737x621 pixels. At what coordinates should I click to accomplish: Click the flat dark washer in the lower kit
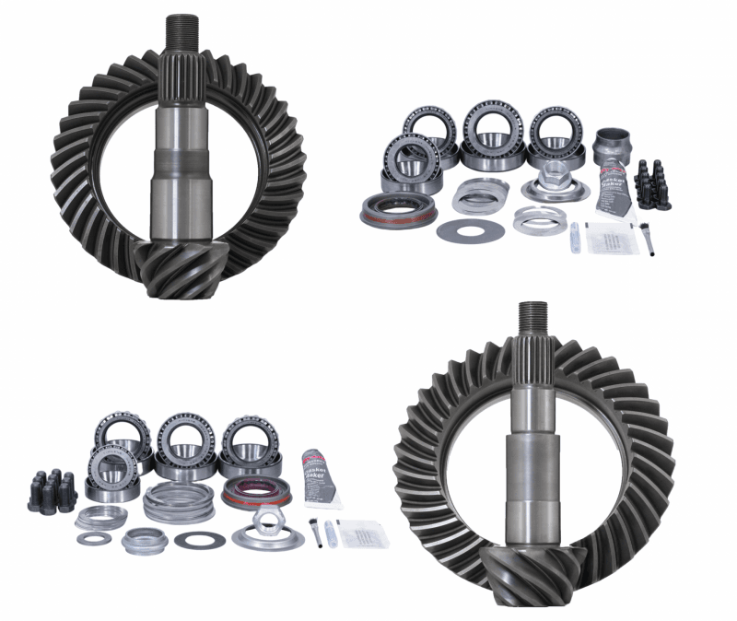click(199, 539)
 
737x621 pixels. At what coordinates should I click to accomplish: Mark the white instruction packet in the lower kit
click(360, 532)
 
